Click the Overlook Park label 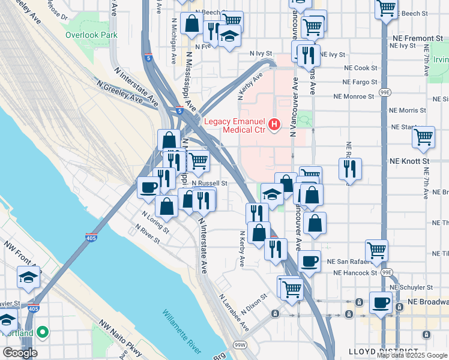[92, 35]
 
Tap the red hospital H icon [274, 125]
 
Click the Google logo [20, 353]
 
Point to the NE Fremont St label [416, 38]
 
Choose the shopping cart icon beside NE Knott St [424, 137]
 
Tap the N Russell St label [209, 183]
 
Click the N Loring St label [155, 220]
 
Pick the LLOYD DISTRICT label [384, 351]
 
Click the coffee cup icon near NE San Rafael [309, 260]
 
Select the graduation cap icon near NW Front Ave [28, 277]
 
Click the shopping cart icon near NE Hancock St [376, 250]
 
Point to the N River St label [148, 235]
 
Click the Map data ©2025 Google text [411, 355]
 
